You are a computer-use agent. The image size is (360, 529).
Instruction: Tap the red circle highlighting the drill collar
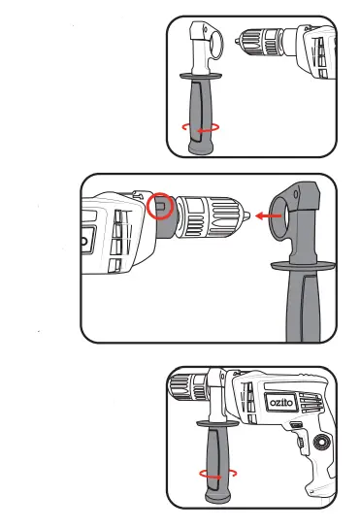click(162, 207)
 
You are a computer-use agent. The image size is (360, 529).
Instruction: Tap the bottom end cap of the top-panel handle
click(202, 146)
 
